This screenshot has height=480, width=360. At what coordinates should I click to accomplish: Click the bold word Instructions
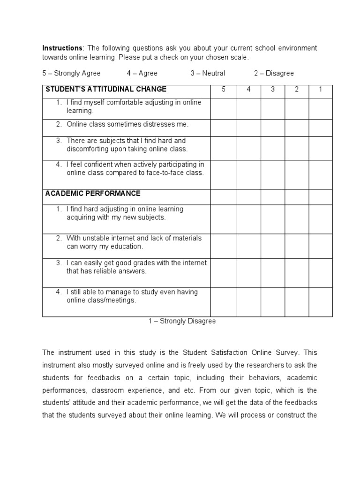(x=62, y=48)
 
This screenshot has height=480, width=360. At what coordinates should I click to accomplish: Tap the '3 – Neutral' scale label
(x=208, y=73)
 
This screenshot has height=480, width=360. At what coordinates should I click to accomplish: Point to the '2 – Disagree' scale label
(x=274, y=73)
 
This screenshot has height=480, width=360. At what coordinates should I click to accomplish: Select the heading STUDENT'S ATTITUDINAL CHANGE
(x=105, y=90)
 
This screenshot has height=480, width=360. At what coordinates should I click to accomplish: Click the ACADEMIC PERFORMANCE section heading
(x=93, y=194)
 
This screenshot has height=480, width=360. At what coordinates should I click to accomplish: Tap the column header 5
(x=224, y=90)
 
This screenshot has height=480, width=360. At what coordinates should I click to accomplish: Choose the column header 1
(x=321, y=90)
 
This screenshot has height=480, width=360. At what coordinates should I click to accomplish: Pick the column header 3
(x=273, y=90)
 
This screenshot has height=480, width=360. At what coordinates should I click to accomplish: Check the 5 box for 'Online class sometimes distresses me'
(x=224, y=128)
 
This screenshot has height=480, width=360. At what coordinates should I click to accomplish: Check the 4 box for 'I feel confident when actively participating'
(x=248, y=175)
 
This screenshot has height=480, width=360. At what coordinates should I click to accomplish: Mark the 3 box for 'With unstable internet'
(x=273, y=246)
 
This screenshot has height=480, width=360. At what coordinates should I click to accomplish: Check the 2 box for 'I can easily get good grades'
(x=297, y=273)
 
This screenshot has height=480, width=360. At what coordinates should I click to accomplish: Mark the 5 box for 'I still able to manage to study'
(x=224, y=302)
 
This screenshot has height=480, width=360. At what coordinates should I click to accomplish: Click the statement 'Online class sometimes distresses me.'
(x=127, y=125)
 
